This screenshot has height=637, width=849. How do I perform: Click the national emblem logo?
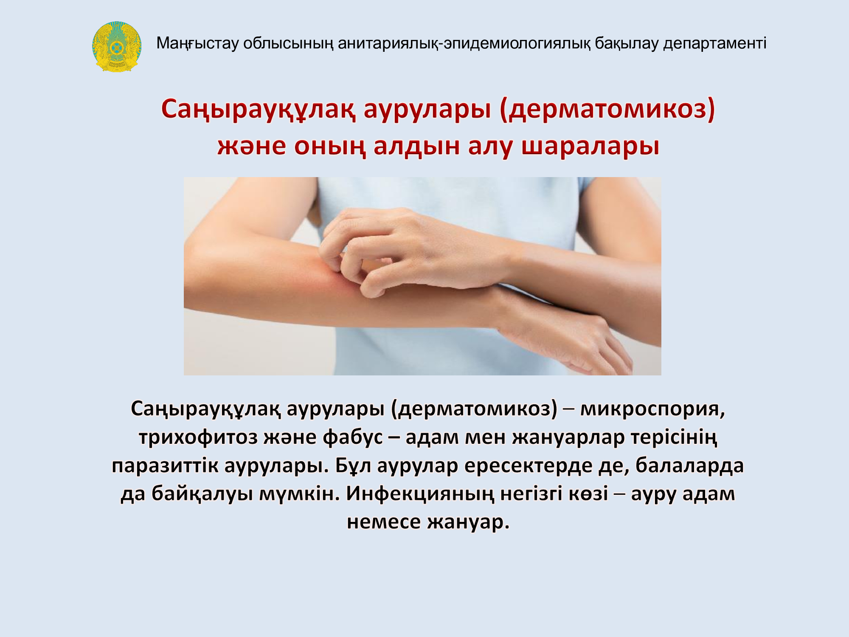117,46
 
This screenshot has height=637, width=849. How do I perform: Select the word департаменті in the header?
715,43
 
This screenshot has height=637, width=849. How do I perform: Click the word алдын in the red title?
416,146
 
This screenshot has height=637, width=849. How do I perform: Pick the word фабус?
353,437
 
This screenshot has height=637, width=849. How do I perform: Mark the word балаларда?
689,465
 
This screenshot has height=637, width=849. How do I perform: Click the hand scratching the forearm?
408,251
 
